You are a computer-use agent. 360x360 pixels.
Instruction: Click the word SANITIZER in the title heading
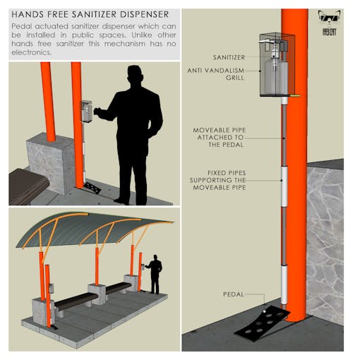click(95, 14)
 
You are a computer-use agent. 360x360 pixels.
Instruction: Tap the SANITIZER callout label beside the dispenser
click(229, 57)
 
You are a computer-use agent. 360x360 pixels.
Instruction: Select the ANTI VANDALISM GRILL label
click(216, 74)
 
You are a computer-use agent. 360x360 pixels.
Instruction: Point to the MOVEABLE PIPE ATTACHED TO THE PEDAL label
click(220, 137)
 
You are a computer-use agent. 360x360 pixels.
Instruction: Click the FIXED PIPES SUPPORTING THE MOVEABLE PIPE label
click(218, 180)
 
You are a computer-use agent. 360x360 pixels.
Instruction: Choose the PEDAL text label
click(234, 294)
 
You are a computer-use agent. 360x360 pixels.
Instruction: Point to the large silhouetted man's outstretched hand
click(97, 112)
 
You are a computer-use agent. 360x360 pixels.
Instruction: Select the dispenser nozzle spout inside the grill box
click(265, 42)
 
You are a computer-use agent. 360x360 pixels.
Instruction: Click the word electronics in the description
click(31, 52)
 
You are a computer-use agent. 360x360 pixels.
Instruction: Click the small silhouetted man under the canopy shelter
click(155, 274)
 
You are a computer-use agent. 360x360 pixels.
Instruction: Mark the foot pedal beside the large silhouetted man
click(92, 188)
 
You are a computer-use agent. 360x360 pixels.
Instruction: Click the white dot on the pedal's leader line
click(264, 311)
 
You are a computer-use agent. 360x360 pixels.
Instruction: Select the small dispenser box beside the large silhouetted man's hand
click(86, 112)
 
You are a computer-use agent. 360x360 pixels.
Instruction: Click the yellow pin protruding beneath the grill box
click(295, 96)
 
